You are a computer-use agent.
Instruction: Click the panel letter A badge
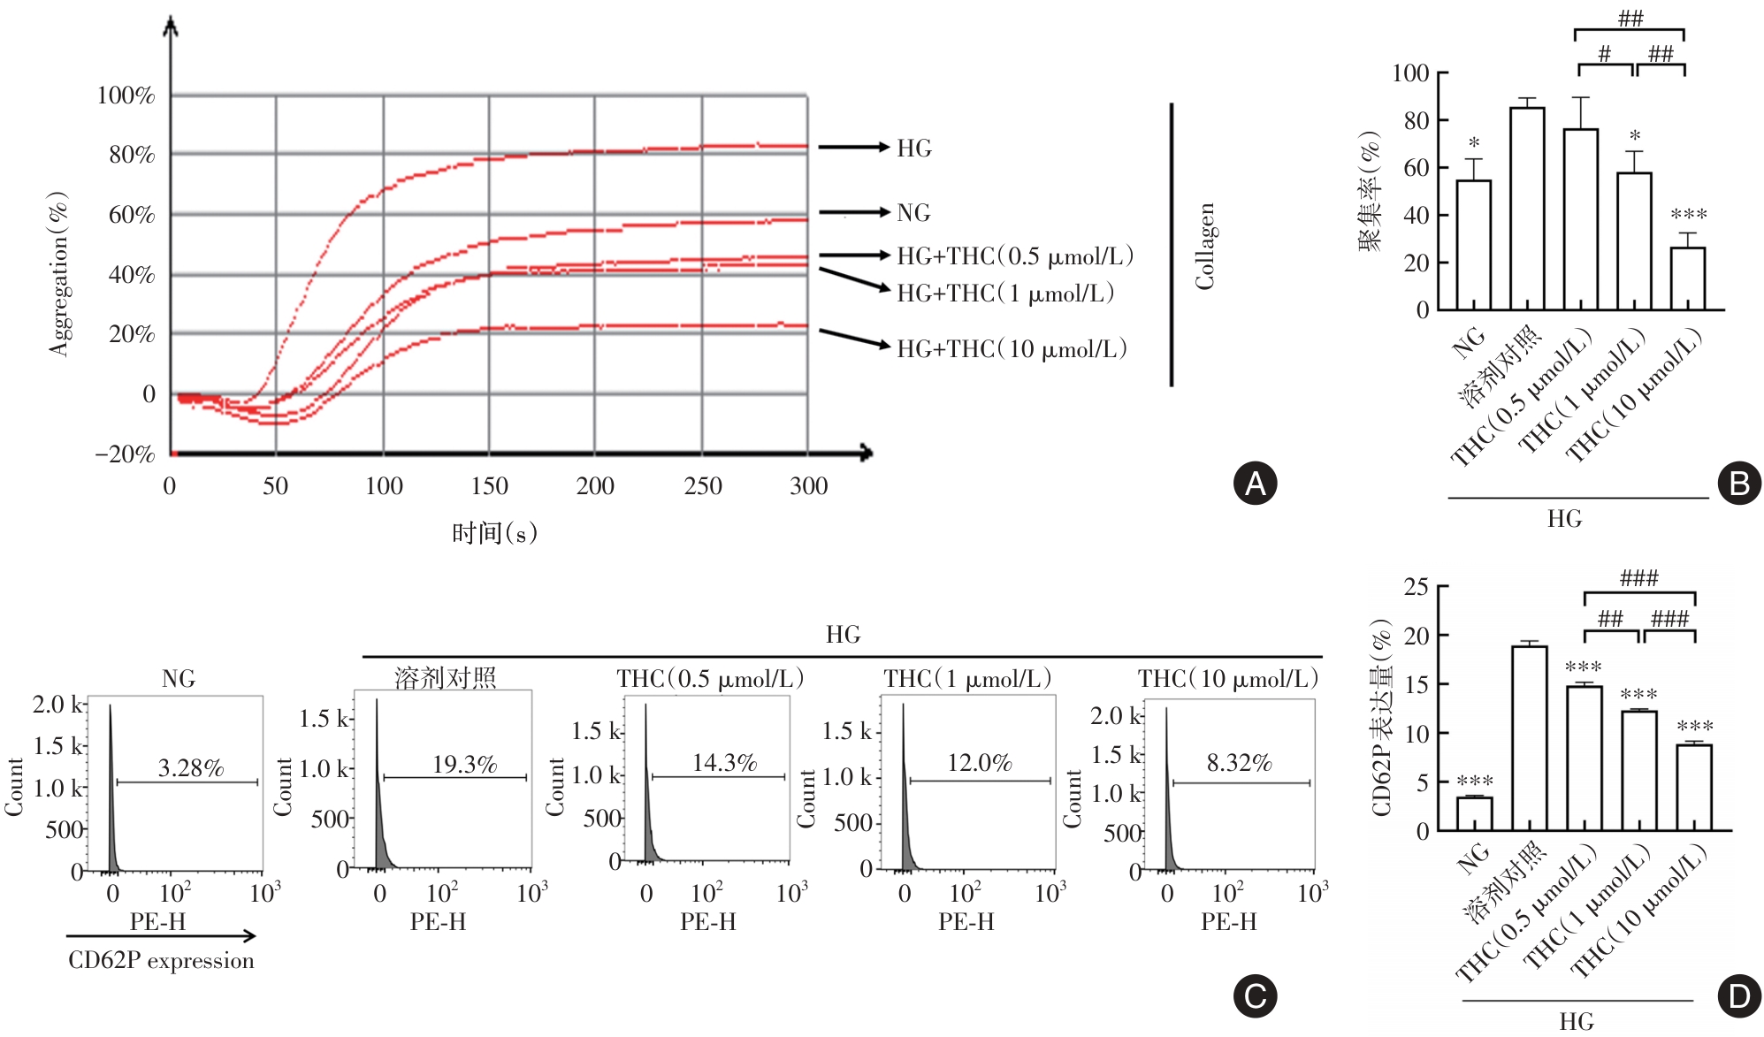pos(1255,484)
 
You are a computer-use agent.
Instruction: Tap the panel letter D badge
pos(1738,996)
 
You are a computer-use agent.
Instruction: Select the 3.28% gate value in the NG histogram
pos(191,767)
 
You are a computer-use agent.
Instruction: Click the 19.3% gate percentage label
pos(464,764)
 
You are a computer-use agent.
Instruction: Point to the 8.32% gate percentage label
pos(1239,762)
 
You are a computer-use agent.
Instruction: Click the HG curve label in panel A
pos(913,148)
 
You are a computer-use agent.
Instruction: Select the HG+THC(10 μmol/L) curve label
pos(1012,349)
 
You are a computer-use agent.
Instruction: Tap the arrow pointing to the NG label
pos(853,212)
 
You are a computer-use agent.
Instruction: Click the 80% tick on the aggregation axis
pos(132,155)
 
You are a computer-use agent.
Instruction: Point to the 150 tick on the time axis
pos(489,485)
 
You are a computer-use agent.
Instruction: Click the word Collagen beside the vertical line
pos(1205,246)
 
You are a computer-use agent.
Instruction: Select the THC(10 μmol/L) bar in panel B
pos(1687,278)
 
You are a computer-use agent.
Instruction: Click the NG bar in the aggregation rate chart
pos(1473,245)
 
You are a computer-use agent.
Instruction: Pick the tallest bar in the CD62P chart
pos(1529,738)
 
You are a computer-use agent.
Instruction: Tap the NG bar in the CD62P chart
pos(1474,813)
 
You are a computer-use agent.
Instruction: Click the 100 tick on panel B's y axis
pos(1410,72)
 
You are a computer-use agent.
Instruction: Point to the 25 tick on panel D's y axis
pos(1416,587)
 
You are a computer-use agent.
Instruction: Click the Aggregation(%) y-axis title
pos(58,273)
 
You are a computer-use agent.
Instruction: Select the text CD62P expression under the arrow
pos(161,960)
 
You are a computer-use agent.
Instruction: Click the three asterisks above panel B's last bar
pos(1688,214)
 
